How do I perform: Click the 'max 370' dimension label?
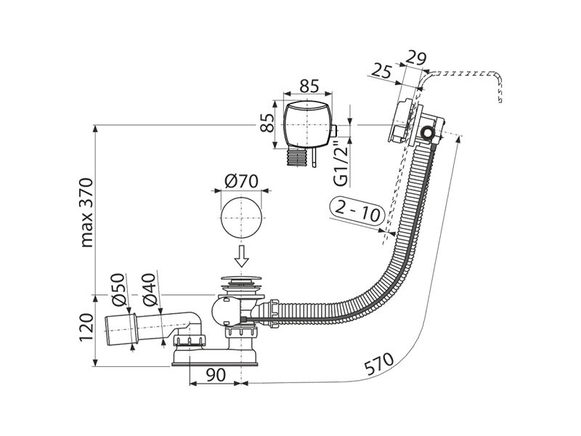pyautogui.click(x=86, y=212)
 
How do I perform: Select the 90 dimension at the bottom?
pyautogui.click(x=215, y=375)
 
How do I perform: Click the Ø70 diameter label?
pyautogui.click(x=241, y=182)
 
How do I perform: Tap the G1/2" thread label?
pyautogui.click(x=341, y=163)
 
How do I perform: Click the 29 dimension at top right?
pyautogui.click(x=415, y=58)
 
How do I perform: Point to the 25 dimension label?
pyautogui.click(x=382, y=70)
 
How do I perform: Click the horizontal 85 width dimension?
pyautogui.click(x=309, y=86)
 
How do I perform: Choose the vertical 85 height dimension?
pyautogui.click(x=267, y=122)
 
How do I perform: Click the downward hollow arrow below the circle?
pyautogui.click(x=242, y=256)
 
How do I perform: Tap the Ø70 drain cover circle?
pyautogui.click(x=241, y=217)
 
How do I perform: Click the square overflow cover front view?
pyautogui.click(x=306, y=124)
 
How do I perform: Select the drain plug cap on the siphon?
pyautogui.click(x=242, y=278)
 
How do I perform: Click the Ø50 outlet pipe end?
pyautogui.click(x=120, y=328)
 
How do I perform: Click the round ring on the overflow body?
pyautogui.click(x=428, y=132)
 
